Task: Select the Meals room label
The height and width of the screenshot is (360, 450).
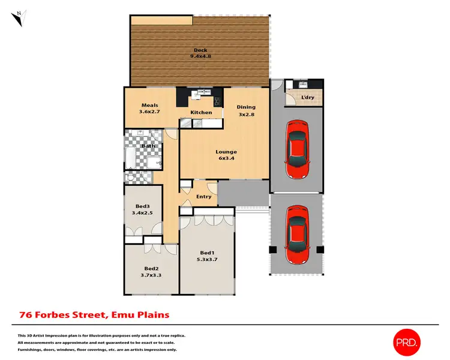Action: (x=150, y=105)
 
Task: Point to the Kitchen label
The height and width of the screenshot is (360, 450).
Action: (x=201, y=112)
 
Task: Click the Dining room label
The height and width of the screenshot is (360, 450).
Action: (x=246, y=107)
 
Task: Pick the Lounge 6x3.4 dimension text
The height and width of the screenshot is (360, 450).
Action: (x=227, y=159)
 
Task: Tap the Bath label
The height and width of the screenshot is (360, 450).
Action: (x=148, y=146)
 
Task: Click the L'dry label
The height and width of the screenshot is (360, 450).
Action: (x=308, y=97)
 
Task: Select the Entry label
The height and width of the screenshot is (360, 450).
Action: (x=204, y=196)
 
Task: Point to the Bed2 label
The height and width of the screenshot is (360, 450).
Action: (x=151, y=268)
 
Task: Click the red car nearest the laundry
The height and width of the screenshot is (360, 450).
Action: (x=297, y=150)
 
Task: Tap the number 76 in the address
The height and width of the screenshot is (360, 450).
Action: (x=26, y=314)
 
